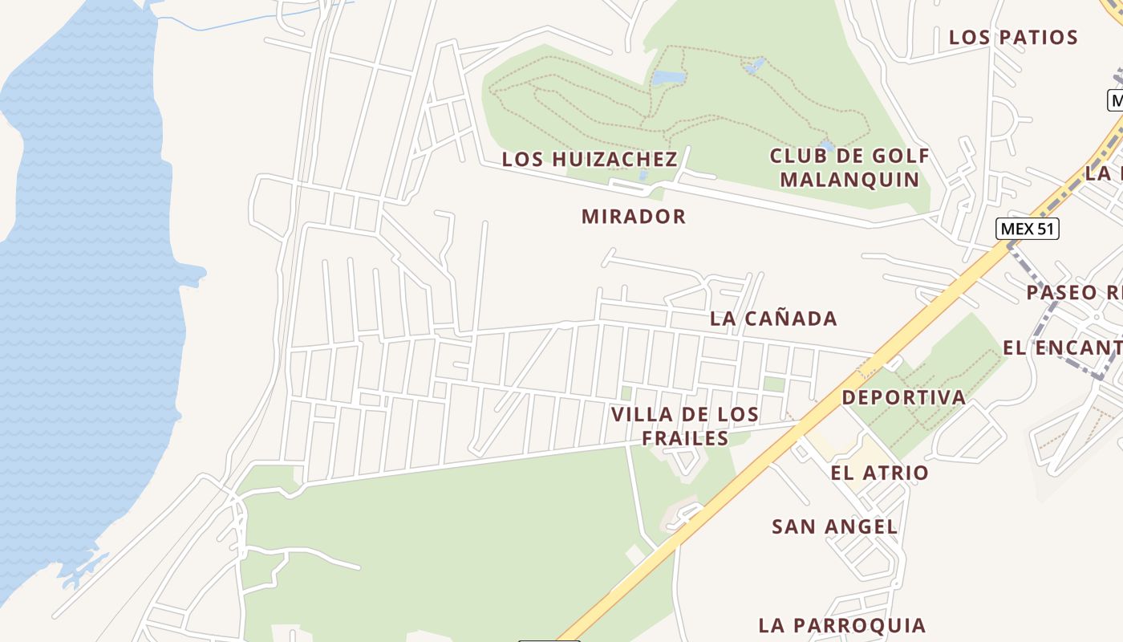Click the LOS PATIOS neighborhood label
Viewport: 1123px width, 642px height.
pos(1013,38)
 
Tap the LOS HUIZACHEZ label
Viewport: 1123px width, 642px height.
pos(590,160)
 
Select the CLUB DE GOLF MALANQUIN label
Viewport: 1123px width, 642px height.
pos(849,167)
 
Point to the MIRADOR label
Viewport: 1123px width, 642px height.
pos(634,217)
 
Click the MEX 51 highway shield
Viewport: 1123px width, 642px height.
pos(1028,229)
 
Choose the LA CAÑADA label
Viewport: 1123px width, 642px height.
pos(773,319)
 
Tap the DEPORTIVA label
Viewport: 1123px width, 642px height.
pos(904,397)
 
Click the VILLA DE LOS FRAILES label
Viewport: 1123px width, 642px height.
pos(685,426)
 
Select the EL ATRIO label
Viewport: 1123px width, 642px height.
pos(879,473)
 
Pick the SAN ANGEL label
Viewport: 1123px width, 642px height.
pos(834,527)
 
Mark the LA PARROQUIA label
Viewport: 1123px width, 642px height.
pos(842,625)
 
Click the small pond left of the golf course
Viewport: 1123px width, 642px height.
pos(667,78)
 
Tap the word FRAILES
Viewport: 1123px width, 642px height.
pos(685,438)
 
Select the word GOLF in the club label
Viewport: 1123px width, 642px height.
pos(902,156)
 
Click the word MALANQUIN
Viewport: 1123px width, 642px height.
pos(849,179)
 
